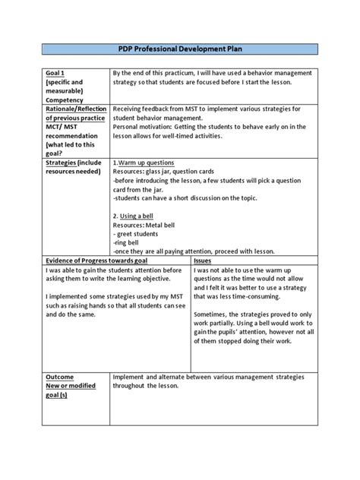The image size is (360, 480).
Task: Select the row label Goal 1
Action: coord(55,75)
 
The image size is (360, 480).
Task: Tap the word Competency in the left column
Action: coord(65,99)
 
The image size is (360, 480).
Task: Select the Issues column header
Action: coord(203,261)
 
